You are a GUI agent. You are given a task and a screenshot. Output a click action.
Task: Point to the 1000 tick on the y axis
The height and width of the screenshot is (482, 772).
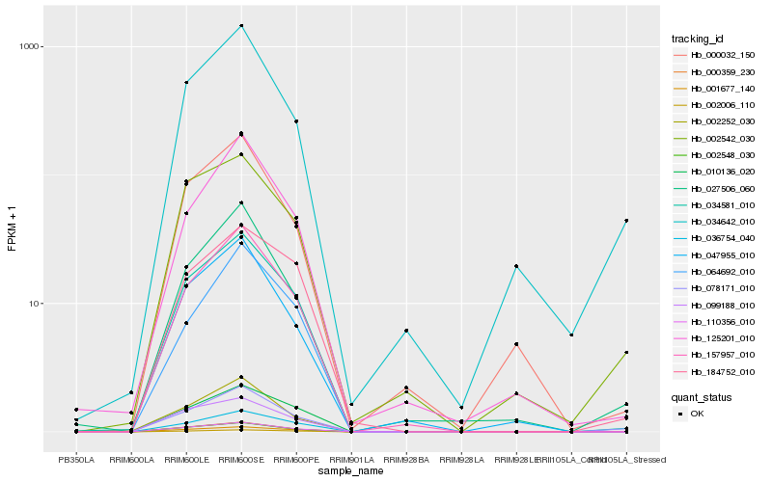tap(29, 47)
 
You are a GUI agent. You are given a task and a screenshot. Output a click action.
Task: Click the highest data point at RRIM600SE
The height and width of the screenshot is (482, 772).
tap(241, 26)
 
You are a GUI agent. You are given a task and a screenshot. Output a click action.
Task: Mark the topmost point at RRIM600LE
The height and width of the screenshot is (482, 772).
tap(186, 83)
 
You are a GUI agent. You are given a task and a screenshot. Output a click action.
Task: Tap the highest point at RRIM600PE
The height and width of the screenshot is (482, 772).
tap(296, 121)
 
